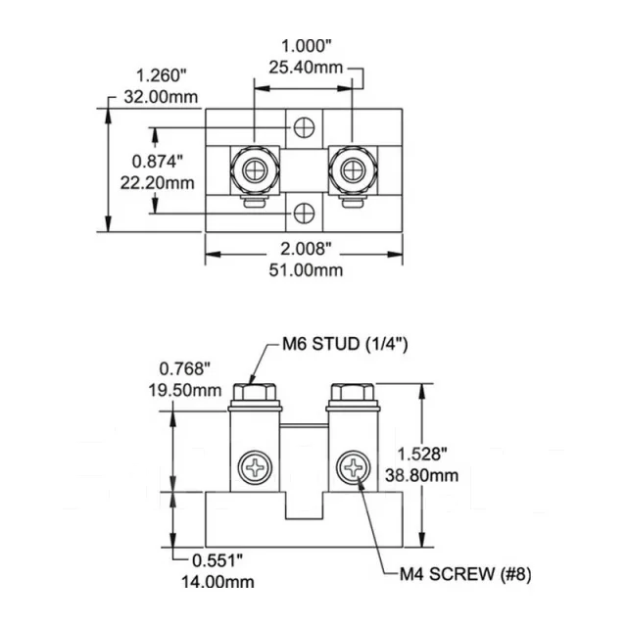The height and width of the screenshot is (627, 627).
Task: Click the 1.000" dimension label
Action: pyautogui.click(x=307, y=46)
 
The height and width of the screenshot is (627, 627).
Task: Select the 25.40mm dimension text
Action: pyautogui.click(x=306, y=68)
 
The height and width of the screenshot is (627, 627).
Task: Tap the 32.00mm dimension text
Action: pyautogui.click(x=161, y=97)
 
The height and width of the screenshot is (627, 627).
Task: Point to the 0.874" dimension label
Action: pyautogui.click(x=157, y=162)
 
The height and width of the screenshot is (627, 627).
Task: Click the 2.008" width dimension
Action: pyautogui.click(x=306, y=249)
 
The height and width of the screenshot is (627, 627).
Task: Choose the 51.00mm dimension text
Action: pyautogui.click(x=306, y=270)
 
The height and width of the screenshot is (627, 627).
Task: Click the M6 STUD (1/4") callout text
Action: pyautogui.click(x=345, y=344)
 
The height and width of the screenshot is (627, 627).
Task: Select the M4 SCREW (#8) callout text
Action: pyautogui.click(x=466, y=574)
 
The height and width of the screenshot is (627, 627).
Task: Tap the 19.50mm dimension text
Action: pyautogui.click(x=185, y=390)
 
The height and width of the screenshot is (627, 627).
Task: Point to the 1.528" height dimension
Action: pyautogui.click(x=422, y=455)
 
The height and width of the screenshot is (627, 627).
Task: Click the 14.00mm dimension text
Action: pyautogui.click(x=217, y=581)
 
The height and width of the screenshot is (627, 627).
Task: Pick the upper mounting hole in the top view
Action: pyautogui.click(x=305, y=127)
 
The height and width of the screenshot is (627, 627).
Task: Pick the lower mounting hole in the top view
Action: pyautogui.click(x=305, y=214)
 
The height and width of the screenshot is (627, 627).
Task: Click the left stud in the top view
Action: pyautogui.click(x=255, y=170)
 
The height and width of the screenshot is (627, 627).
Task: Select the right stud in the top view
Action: pyautogui.click(x=353, y=170)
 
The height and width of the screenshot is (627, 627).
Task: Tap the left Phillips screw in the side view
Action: pyautogui.click(x=255, y=467)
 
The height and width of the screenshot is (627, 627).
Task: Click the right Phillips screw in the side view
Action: pyautogui.click(x=353, y=467)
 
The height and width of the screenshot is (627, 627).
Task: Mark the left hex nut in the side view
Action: pyautogui.click(x=255, y=392)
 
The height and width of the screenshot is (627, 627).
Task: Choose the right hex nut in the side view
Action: pyautogui.click(x=353, y=392)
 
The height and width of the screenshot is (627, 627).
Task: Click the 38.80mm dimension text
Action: pyautogui.click(x=422, y=475)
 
